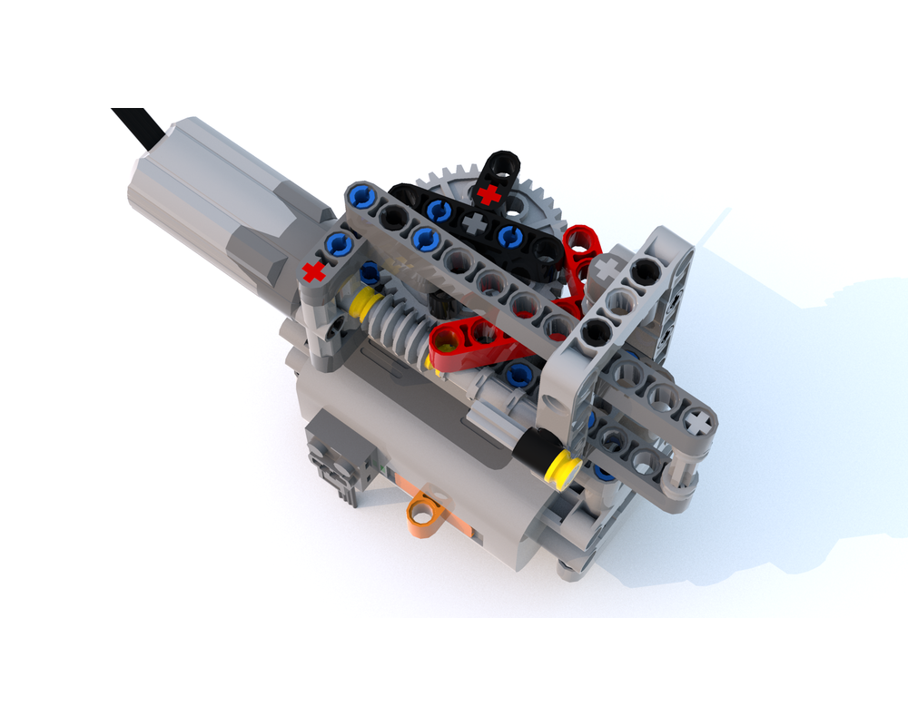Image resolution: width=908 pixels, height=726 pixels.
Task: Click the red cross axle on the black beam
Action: pos(489,193)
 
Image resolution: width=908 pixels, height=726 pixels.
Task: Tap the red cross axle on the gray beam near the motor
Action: pos(314,270)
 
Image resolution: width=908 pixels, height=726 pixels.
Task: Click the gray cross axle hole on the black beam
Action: pos(472,222)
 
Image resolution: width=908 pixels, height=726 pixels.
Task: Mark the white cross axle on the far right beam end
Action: pos(696,421)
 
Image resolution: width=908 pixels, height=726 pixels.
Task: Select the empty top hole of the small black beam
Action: pos(502,165)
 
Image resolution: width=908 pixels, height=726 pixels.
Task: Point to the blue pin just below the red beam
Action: pos(519,371)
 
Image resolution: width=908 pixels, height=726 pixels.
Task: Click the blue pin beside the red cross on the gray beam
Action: pos(339,241)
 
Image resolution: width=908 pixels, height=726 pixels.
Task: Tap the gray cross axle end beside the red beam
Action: pos(606,267)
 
